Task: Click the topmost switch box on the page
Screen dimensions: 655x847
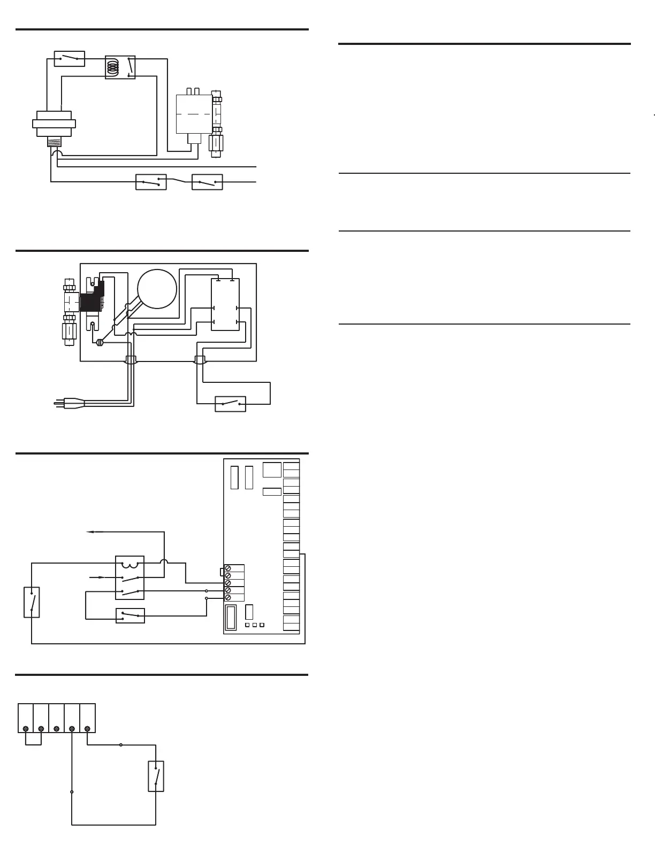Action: (x=70, y=58)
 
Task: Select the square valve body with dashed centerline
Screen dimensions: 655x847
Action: (x=194, y=114)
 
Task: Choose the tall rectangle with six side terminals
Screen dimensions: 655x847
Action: (x=225, y=304)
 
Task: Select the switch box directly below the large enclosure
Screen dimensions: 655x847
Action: (x=230, y=404)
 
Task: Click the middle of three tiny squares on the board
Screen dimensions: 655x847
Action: (x=255, y=625)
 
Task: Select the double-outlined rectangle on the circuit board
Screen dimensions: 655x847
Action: (x=231, y=617)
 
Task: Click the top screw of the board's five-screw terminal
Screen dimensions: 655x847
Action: (x=228, y=568)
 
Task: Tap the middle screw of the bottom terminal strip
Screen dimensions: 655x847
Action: (x=56, y=728)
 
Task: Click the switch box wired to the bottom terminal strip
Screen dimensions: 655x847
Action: (x=156, y=776)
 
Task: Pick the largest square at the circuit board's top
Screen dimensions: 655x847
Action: (x=272, y=469)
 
